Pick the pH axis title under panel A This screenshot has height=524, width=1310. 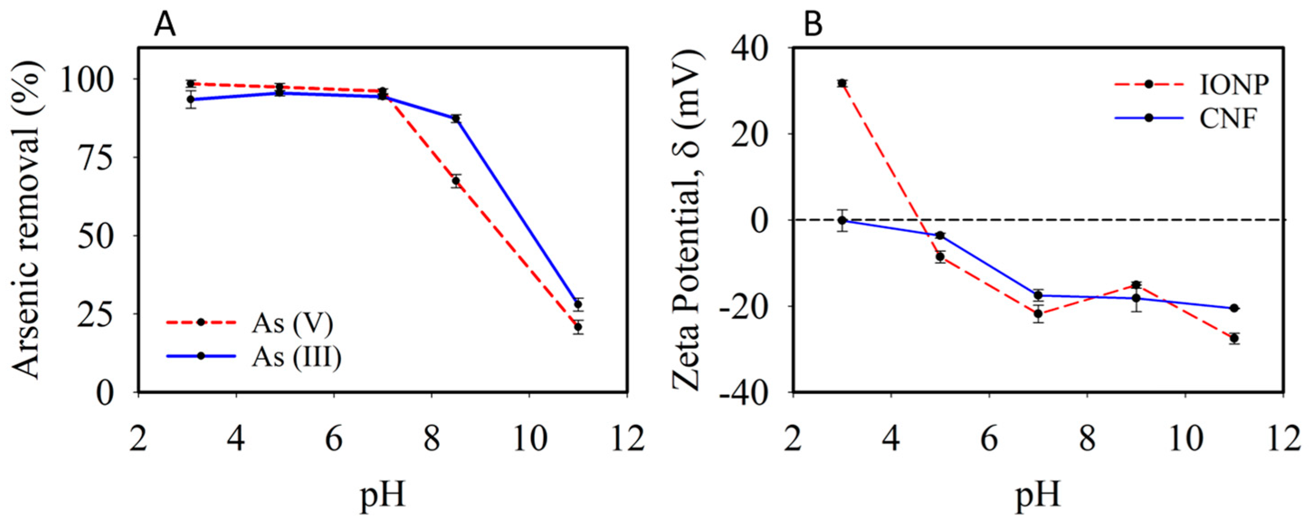coord(382,496)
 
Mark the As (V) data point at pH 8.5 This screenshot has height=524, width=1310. coord(456,181)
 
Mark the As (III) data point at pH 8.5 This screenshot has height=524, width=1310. coord(456,119)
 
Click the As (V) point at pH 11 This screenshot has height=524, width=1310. coord(578,327)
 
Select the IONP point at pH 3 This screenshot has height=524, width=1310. coord(842,83)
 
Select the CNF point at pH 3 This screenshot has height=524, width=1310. coord(842,220)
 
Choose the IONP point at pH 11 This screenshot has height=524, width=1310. coord(1234,338)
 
